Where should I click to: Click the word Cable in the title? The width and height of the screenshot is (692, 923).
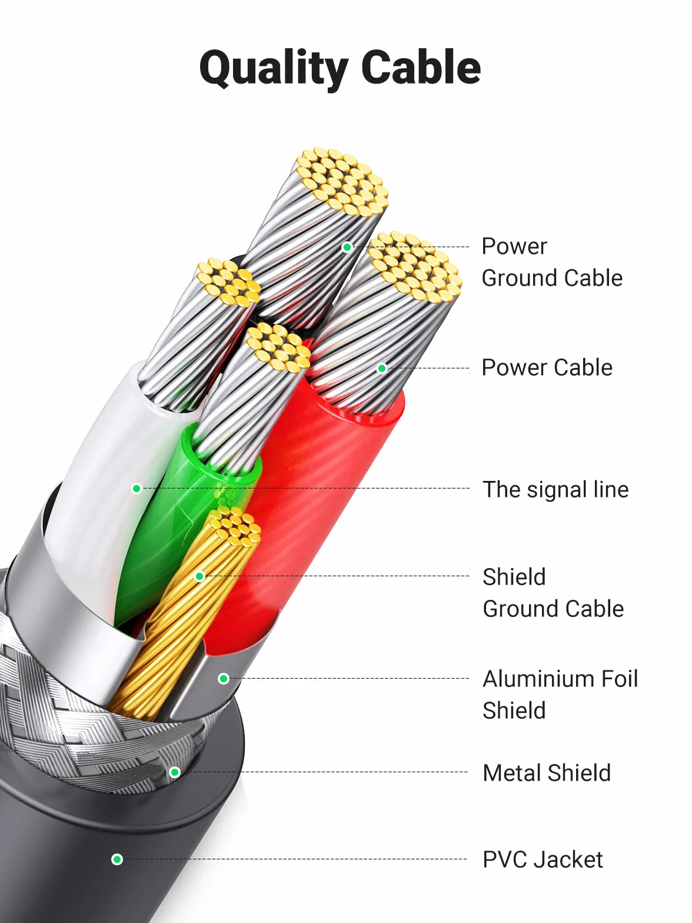click(x=421, y=67)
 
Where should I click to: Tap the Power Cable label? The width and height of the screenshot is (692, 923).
click(x=547, y=367)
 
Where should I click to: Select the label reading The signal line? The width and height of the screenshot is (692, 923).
click(x=555, y=490)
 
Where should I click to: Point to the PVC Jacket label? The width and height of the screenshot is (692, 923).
click(x=543, y=859)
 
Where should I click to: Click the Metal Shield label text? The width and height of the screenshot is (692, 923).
click(x=547, y=772)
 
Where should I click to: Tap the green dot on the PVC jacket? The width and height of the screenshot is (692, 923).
click(x=117, y=859)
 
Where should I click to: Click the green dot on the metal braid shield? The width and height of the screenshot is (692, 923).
click(x=175, y=772)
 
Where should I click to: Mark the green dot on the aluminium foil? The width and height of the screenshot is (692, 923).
click(x=224, y=678)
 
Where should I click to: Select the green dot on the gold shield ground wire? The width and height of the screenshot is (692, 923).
click(x=200, y=576)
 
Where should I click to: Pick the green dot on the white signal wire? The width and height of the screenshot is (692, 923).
click(x=136, y=489)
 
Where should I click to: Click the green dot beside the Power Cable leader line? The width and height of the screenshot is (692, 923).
click(x=381, y=368)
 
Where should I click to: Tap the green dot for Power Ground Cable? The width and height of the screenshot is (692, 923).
click(x=347, y=247)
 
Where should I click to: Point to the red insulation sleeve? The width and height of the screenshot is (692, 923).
click(x=320, y=504)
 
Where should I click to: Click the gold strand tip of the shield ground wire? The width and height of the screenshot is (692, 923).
click(x=235, y=526)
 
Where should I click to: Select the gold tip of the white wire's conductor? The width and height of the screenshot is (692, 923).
click(x=228, y=282)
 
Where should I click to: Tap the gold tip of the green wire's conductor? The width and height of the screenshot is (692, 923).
click(x=278, y=348)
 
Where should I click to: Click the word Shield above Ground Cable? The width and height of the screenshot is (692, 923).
click(x=514, y=576)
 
